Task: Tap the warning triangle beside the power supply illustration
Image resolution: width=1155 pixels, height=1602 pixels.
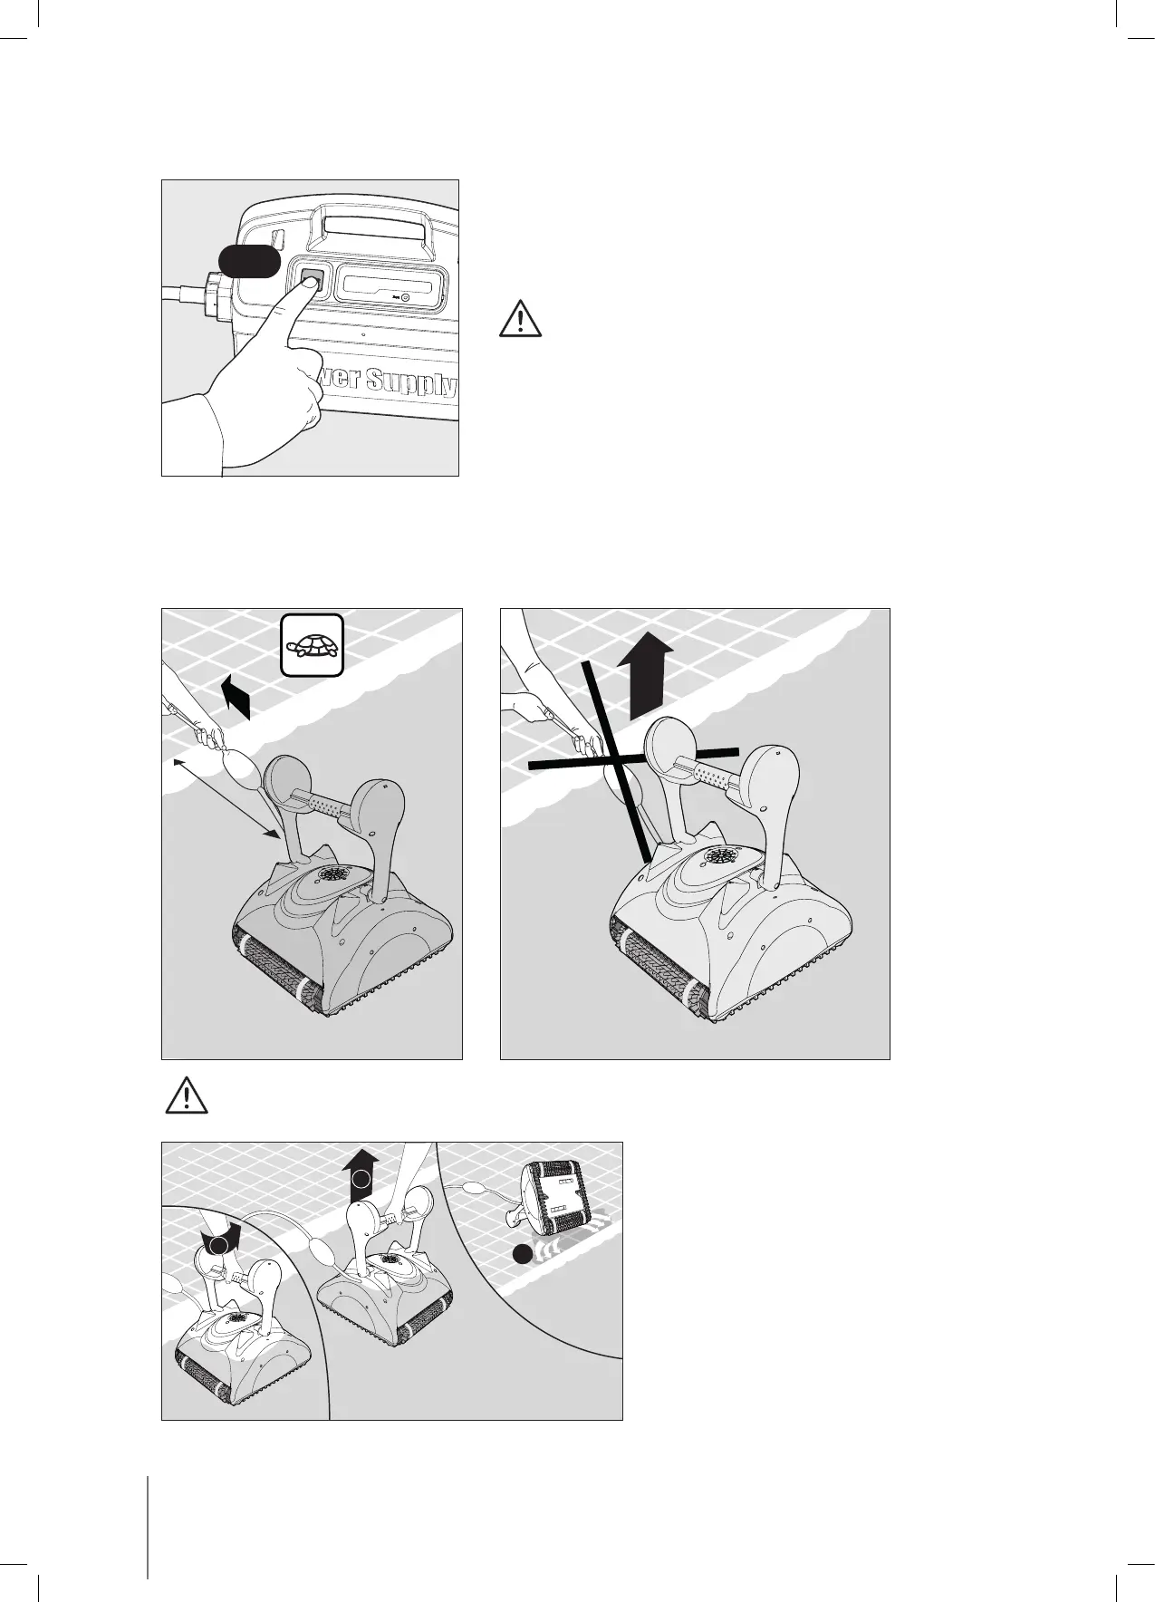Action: pyautogui.click(x=520, y=318)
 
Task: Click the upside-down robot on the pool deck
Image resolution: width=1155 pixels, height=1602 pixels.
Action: pyautogui.click(x=552, y=1197)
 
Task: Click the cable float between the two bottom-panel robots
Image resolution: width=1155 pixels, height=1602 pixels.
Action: pyautogui.click(x=321, y=1256)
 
